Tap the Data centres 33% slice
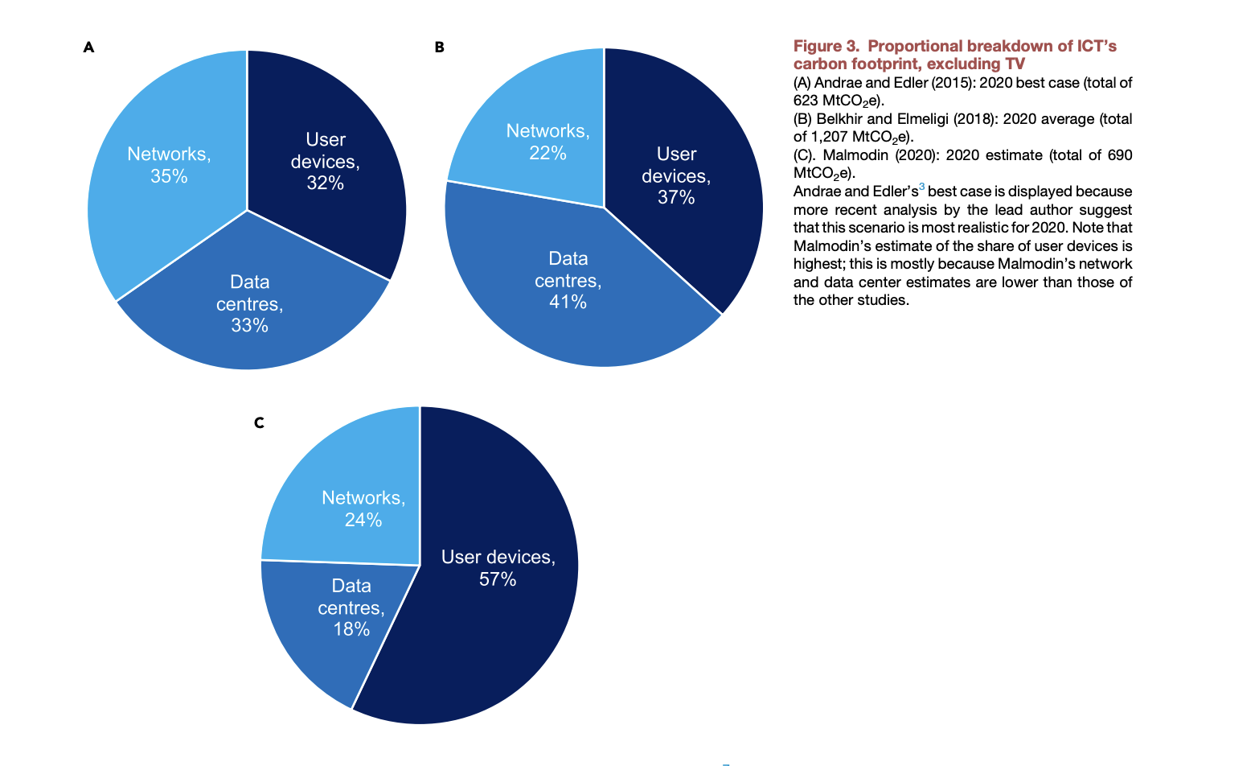tap(249, 306)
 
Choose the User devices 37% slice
tap(679, 177)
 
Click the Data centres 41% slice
tap(567, 282)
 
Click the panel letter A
tap(88, 47)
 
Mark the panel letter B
tap(439, 47)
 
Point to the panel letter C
tap(259, 423)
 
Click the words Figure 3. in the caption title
tap(826, 46)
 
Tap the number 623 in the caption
tap(806, 101)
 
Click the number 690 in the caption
tap(1119, 155)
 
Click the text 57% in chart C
tap(498, 579)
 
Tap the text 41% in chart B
tap(568, 303)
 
